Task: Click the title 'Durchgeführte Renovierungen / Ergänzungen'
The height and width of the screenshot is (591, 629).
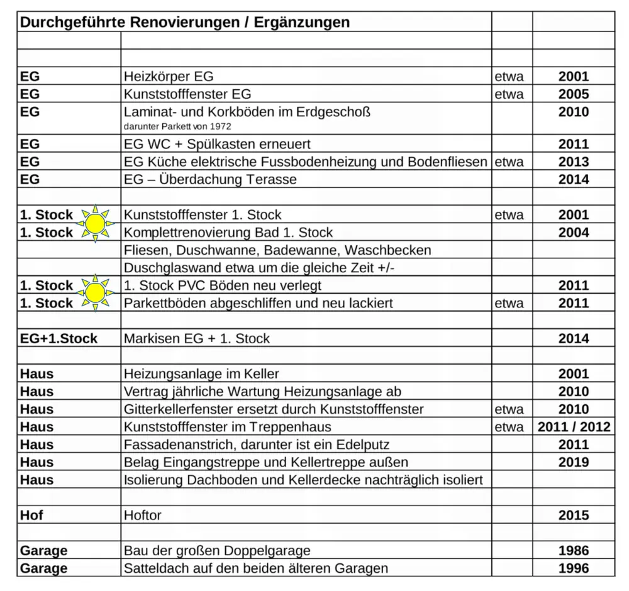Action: [x=184, y=23]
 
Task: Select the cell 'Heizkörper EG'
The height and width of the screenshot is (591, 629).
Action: [x=169, y=77]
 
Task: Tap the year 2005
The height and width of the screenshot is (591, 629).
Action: [x=573, y=94]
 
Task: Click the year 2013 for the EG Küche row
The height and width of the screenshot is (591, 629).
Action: [x=573, y=162]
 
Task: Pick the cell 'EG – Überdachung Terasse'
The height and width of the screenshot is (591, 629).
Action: [x=210, y=179]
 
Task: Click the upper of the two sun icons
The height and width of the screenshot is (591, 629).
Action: [x=94, y=223]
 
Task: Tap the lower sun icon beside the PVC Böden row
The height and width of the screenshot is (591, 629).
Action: [x=94, y=292]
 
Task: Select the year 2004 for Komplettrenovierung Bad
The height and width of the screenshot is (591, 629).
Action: [x=573, y=233]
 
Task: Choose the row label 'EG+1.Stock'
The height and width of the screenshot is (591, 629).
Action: [x=59, y=338]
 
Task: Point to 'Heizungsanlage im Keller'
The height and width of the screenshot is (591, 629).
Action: [x=201, y=374]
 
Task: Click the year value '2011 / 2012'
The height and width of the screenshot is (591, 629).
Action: [x=573, y=427]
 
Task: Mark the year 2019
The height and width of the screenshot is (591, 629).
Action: [x=573, y=462]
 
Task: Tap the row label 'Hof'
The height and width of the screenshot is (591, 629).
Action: [x=31, y=516]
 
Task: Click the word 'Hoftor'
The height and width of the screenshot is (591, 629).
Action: [x=143, y=516]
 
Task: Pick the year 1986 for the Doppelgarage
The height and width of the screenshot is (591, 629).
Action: [x=573, y=551]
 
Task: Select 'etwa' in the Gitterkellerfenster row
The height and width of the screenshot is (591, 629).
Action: [x=509, y=409]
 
